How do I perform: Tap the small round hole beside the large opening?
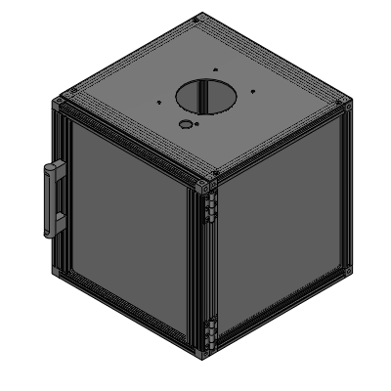[186, 125]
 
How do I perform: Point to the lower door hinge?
[208, 332]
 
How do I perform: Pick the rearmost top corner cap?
[199, 18]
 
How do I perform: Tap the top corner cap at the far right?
[344, 101]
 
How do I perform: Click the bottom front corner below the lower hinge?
[203, 352]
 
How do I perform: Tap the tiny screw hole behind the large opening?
[213, 69]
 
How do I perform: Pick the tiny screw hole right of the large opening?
[253, 92]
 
